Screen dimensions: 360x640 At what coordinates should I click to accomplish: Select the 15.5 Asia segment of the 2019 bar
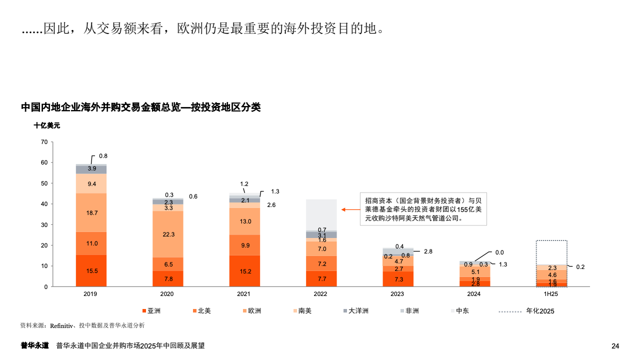(x=91, y=270)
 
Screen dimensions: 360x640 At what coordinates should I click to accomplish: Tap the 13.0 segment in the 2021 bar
(x=244, y=221)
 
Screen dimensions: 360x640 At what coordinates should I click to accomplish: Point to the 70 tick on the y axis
(x=44, y=142)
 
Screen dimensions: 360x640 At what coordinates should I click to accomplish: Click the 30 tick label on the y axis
(x=44, y=224)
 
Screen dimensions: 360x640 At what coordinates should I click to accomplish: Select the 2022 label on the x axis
(x=320, y=294)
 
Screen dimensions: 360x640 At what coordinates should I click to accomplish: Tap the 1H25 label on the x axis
(x=550, y=294)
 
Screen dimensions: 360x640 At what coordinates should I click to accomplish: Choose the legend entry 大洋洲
(x=355, y=311)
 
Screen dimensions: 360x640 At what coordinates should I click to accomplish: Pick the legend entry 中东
(x=459, y=311)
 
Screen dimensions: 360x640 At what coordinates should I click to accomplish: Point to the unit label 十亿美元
(x=46, y=125)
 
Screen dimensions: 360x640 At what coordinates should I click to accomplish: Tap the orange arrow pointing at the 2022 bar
(x=349, y=209)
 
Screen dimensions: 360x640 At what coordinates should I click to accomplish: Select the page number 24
(x=615, y=346)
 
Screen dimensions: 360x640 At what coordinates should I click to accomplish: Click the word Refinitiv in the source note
(x=61, y=325)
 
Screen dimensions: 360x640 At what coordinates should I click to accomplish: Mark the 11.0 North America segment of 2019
(x=91, y=243)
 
